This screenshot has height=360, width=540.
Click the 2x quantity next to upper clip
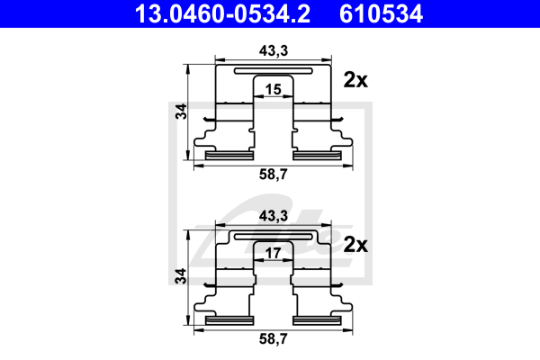[x=356, y=80]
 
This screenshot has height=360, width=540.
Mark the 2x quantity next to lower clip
[x=356, y=245]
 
